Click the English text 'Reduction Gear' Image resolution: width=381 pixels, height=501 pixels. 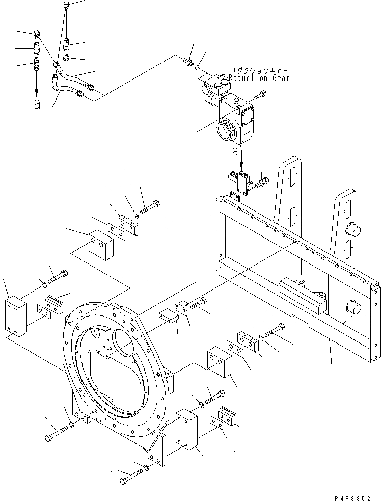pos(259,78)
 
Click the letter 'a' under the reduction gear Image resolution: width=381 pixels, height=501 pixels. pos(235,151)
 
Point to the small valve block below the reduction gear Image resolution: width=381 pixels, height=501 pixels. pos(241,180)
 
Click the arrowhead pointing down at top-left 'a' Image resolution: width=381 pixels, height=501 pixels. pos(37,92)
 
